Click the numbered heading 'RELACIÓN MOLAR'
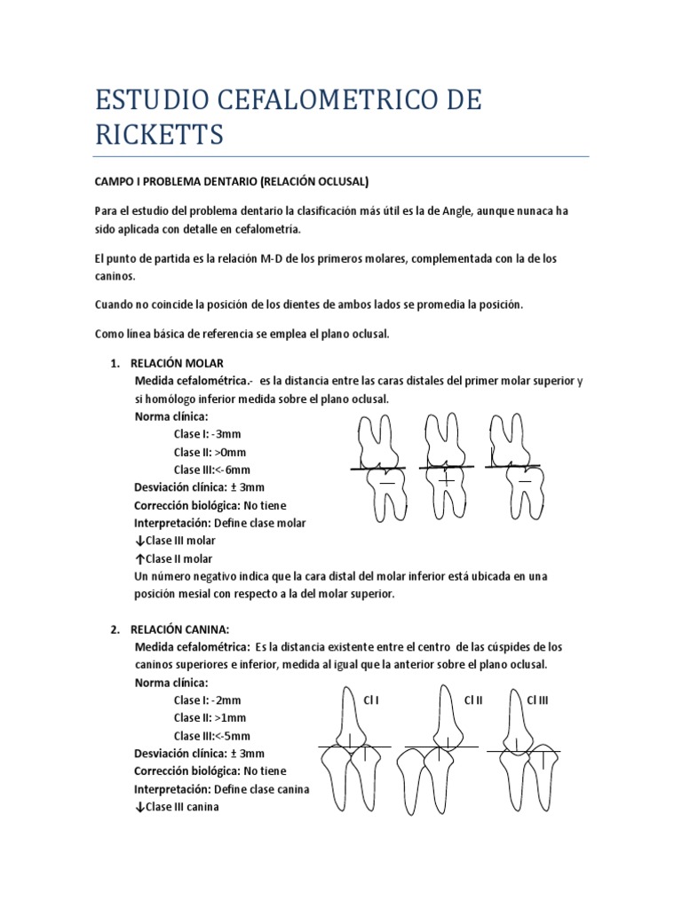point(177,363)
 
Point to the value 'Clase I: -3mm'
point(207,434)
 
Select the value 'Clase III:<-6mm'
point(212,470)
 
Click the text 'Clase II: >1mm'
point(209,717)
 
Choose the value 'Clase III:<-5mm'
point(212,735)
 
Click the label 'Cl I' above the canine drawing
point(371,700)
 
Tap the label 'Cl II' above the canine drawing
point(473,700)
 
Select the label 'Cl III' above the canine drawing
point(538,700)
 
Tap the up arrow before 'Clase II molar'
point(139,558)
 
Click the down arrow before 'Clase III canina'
point(139,806)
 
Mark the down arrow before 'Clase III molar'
point(139,541)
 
